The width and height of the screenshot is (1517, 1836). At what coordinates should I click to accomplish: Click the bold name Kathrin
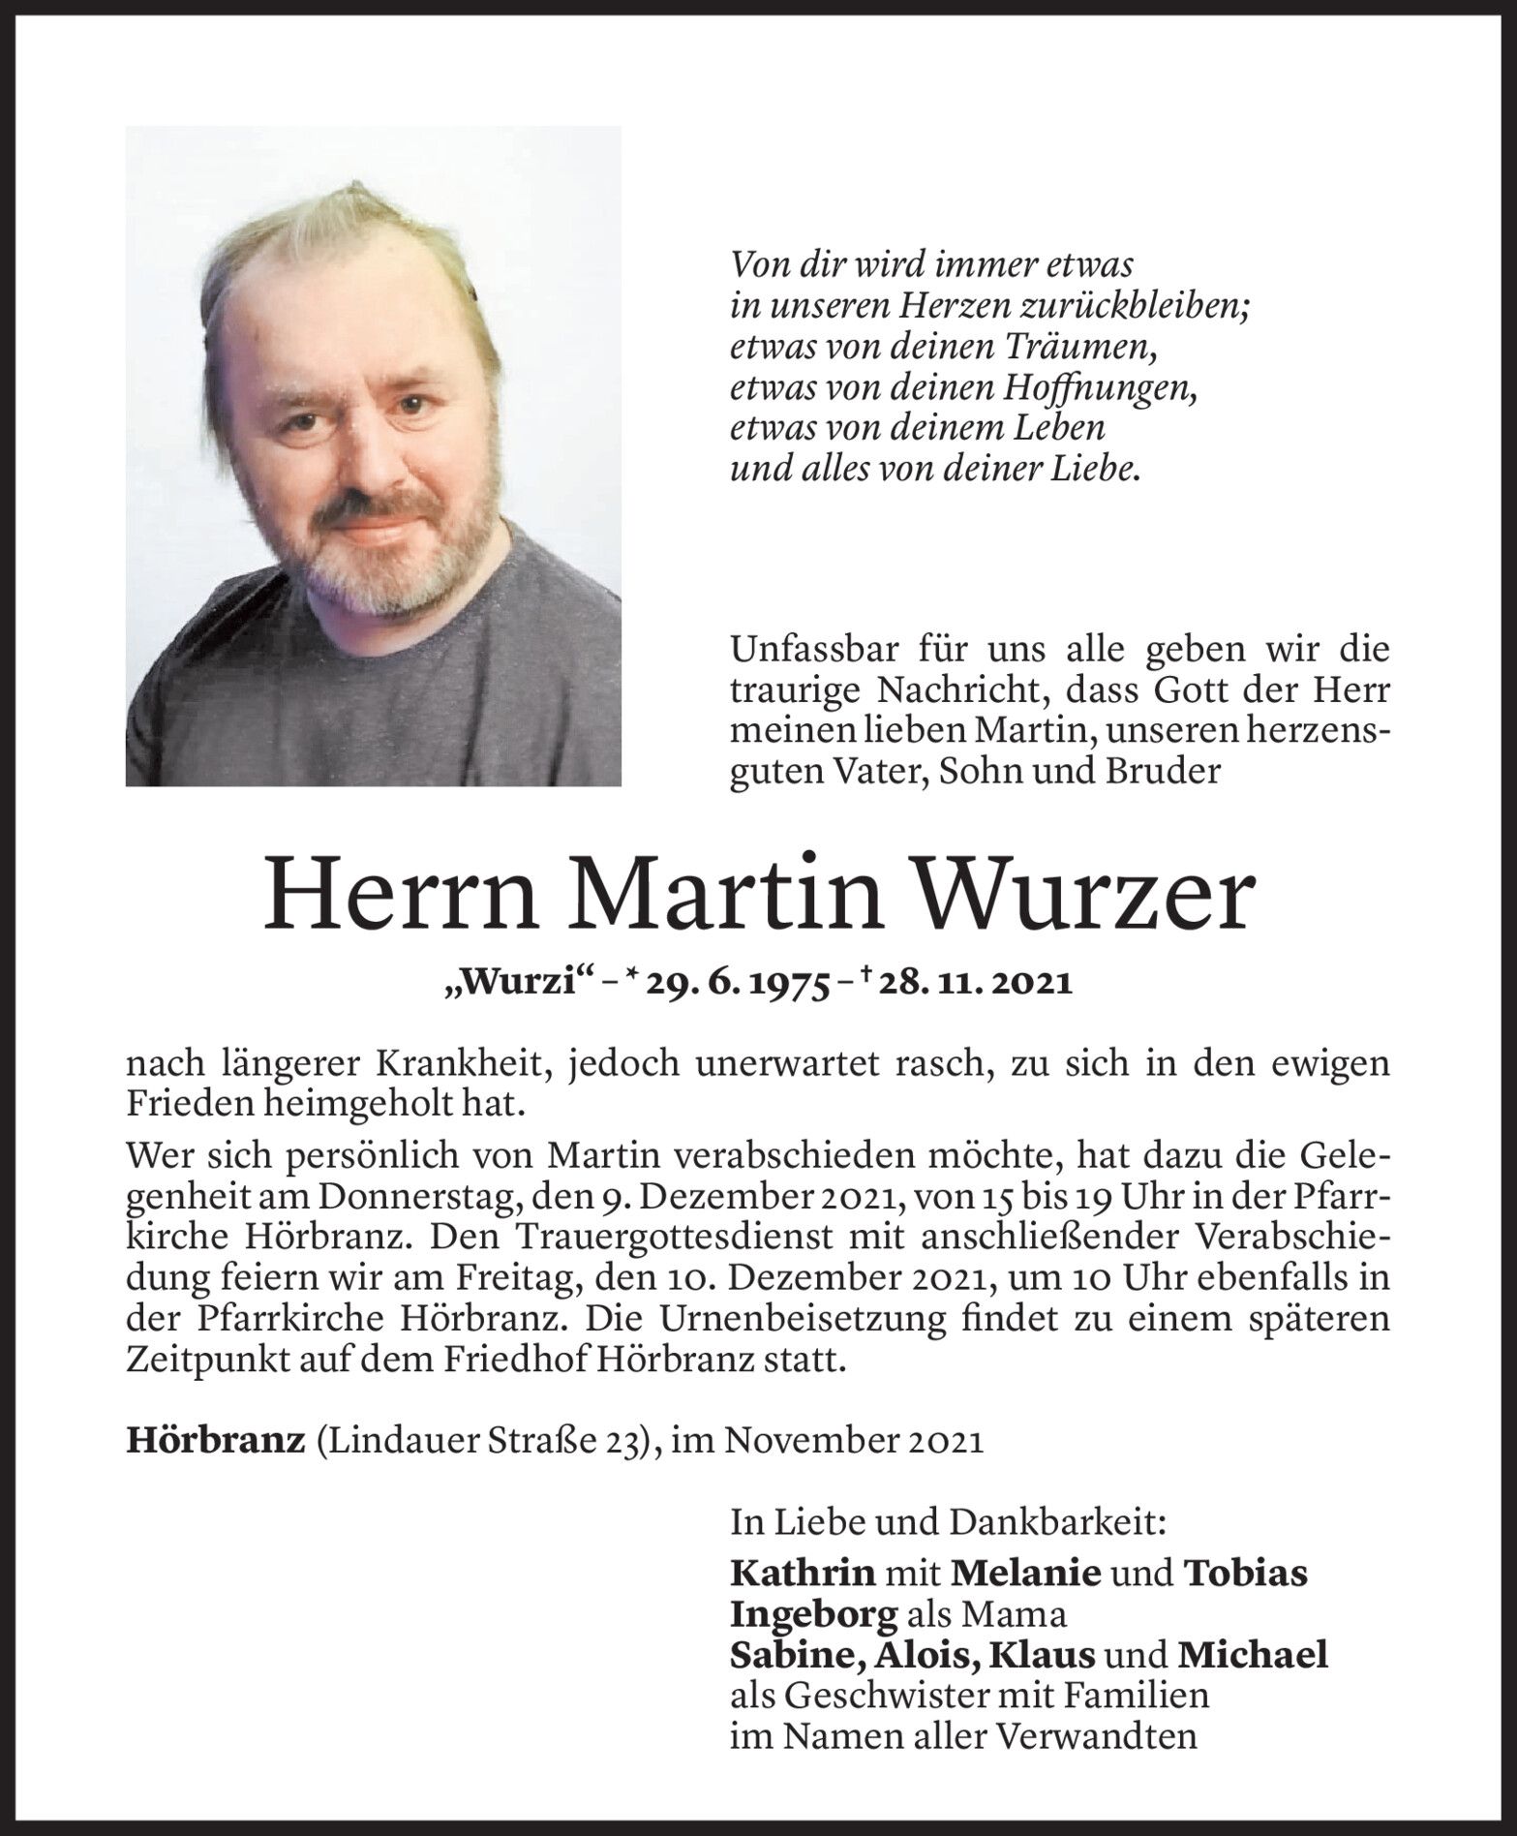[x=803, y=1573]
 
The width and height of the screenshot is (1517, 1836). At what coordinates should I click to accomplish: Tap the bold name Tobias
[x=1246, y=1573]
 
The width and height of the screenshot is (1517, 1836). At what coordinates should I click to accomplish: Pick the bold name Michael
[x=1252, y=1656]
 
